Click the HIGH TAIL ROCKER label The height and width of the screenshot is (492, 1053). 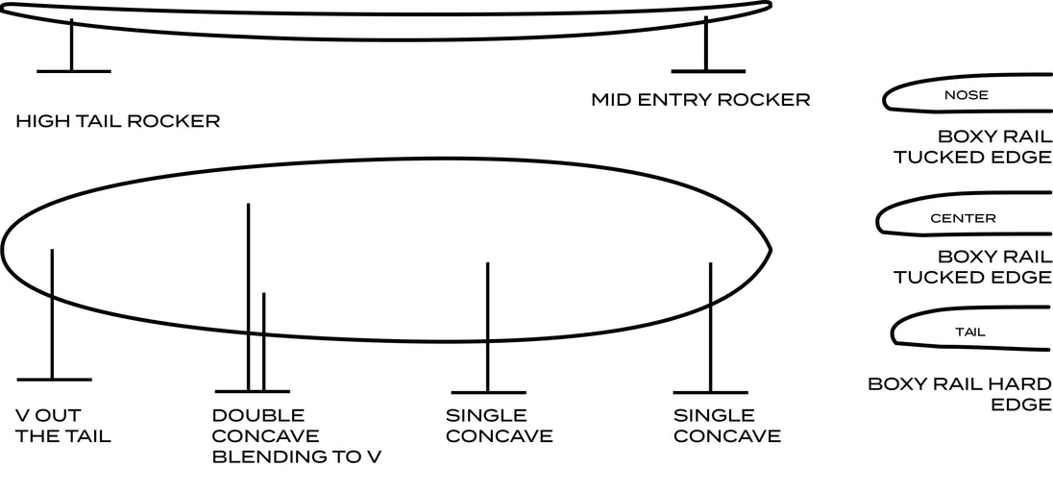point(117,122)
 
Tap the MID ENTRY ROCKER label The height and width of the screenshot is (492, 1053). point(700,100)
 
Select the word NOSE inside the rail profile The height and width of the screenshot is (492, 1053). point(967,95)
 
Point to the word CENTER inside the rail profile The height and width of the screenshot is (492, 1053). point(963,218)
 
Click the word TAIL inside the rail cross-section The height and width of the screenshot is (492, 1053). point(970,332)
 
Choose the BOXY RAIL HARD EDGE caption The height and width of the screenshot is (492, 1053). point(960,394)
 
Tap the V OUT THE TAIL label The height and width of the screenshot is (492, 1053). point(63,426)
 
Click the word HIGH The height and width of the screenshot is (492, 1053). point(37,122)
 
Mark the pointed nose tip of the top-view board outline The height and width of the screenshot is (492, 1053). point(771,250)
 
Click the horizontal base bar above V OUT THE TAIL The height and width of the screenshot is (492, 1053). point(55,380)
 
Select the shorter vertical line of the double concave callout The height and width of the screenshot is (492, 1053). point(264,341)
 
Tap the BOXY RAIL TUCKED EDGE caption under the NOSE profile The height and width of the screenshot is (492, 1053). point(971,146)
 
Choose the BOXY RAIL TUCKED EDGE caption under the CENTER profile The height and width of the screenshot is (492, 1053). point(971,267)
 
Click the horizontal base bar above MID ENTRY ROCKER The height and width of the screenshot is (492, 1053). point(708,70)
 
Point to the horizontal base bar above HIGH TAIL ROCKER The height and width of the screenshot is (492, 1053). point(73,70)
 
